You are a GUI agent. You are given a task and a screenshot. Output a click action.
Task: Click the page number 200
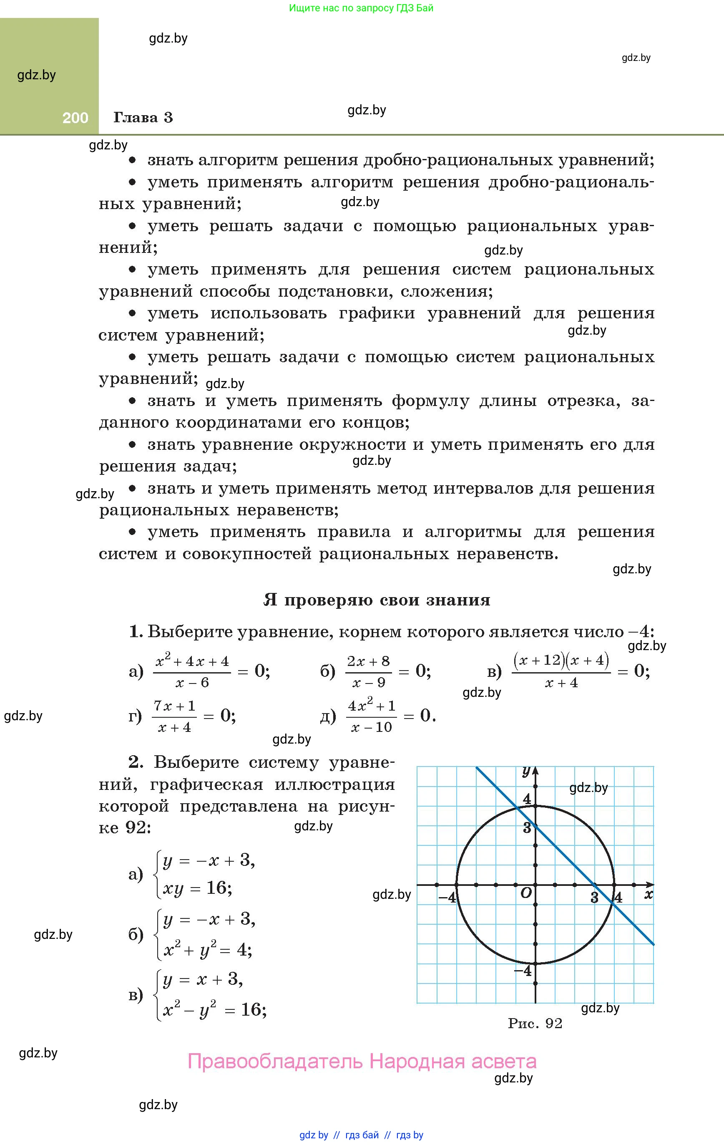click(x=75, y=118)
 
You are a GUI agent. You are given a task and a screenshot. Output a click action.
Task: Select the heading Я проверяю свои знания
click(x=377, y=600)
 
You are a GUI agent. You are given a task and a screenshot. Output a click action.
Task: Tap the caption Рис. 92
click(x=535, y=1024)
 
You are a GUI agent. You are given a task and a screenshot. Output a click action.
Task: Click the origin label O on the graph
click(x=526, y=893)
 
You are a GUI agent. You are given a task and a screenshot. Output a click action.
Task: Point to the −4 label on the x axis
click(x=446, y=897)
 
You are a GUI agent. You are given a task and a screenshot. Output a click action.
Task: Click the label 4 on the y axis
click(x=527, y=799)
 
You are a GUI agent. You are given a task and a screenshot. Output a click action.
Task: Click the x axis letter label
click(x=649, y=894)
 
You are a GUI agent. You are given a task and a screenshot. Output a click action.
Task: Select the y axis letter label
click(x=526, y=770)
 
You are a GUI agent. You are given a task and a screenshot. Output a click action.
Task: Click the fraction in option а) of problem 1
click(x=192, y=671)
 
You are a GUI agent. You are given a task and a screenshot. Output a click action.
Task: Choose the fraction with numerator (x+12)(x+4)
click(x=561, y=671)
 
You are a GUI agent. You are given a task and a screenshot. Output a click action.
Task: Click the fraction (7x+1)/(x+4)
click(x=174, y=716)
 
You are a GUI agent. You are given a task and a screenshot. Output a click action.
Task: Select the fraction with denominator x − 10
click(x=371, y=716)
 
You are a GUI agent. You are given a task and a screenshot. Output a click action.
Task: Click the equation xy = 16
click(x=197, y=888)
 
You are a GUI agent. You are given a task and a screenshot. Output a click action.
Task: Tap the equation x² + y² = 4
click(x=207, y=950)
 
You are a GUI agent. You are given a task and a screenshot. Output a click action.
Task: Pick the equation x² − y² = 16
click(x=214, y=1009)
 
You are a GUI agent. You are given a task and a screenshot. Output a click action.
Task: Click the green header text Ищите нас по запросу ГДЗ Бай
click(x=361, y=8)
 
